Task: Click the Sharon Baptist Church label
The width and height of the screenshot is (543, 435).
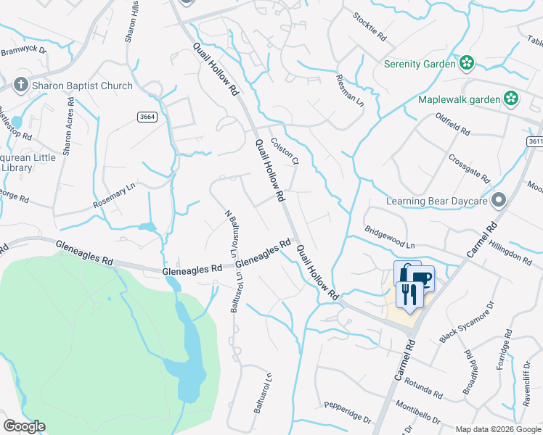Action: (82, 86)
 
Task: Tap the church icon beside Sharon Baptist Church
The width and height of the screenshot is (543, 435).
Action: (21, 86)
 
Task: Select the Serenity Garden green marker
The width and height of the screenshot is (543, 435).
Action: (466, 64)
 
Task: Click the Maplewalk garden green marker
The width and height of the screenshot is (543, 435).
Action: (511, 99)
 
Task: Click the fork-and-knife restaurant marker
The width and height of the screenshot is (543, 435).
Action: (408, 294)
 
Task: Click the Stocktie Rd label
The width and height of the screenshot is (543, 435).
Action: (371, 26)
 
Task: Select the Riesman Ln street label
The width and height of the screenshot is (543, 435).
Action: (350, 91)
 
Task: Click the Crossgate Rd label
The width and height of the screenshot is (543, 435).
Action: (470, 169)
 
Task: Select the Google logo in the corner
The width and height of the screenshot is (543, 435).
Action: (24, 426)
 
